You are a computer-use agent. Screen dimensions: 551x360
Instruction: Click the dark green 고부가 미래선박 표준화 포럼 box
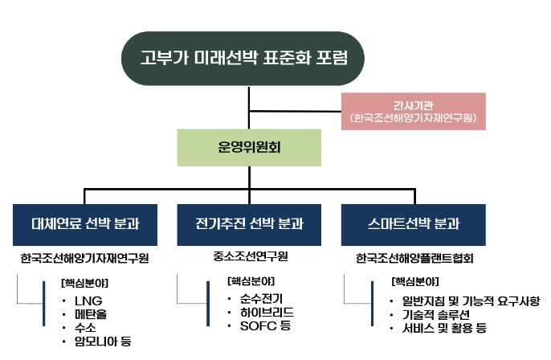tap(243, 58)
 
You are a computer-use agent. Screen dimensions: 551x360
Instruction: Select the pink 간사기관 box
tap(413, 112)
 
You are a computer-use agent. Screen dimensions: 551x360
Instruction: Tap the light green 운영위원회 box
tap(249, 147)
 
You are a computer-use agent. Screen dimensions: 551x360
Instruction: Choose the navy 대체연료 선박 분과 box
tap(85, 225)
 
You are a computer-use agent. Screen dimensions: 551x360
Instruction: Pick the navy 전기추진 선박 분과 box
tap(249, 225)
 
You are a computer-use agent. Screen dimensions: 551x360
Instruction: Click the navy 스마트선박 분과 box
tap(413, 225)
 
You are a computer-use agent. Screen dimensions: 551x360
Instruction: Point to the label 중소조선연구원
tap(251, 256)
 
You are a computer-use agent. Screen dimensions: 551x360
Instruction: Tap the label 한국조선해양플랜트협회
tap(414, 259)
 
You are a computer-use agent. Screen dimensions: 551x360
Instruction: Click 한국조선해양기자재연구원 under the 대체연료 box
tap(84, 259)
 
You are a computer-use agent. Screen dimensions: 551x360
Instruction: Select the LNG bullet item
tap(88, 301)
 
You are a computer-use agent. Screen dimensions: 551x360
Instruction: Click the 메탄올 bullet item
tap(91, 314)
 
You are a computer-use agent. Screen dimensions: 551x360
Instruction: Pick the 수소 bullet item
tap(85, 328)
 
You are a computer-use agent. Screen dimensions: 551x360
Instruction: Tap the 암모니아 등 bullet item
tap(103, 341)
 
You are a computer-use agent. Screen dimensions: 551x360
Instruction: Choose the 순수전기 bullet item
tap(262, 299)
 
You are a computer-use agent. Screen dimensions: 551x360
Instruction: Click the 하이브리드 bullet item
tap(267, 312)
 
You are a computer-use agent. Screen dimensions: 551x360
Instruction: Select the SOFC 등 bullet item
tap(266, 326)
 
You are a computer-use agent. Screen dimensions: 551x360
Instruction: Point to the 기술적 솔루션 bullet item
tap(435, 314)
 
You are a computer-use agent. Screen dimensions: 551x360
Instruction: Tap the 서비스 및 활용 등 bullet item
tap(444, 328)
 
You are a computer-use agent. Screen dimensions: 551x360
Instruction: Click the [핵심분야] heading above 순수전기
tap(251, 281)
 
